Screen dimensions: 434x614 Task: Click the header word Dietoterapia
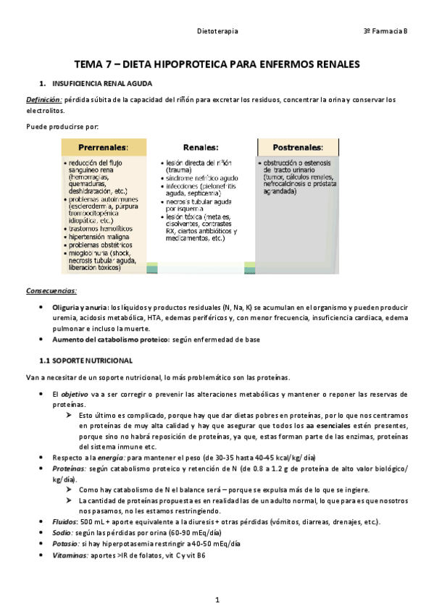(218, 32)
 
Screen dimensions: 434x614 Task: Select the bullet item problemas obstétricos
(102, 245)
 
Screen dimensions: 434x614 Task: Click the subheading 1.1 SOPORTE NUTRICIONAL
(85, 360)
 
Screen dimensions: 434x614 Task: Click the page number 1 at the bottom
(217, 600)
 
